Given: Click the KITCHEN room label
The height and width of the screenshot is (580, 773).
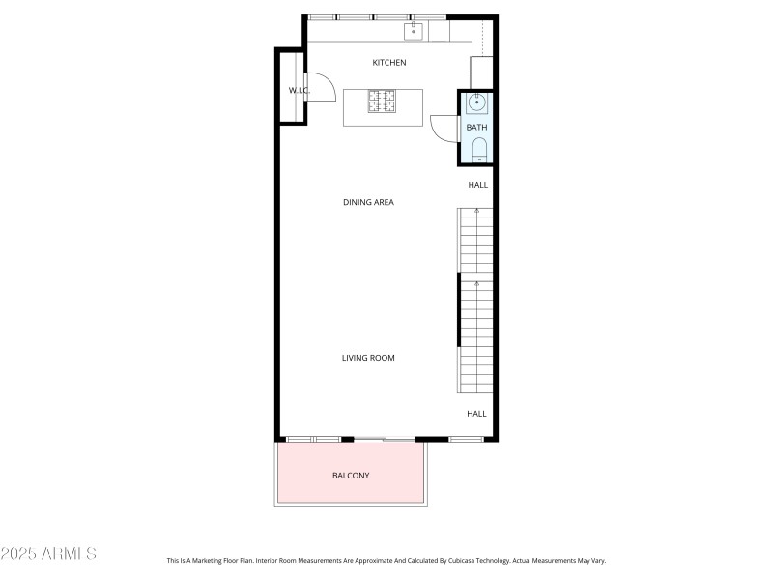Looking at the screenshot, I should pos(389,63).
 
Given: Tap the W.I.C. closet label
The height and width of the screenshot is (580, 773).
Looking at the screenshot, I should pos(298,90).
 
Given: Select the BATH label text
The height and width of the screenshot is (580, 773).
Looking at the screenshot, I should pos(477,127).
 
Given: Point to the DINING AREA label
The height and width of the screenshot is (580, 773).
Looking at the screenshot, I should pos(368,202).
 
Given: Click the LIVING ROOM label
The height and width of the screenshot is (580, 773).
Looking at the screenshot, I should pos(368,358).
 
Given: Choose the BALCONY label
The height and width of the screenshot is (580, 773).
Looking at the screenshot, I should pos(351,476).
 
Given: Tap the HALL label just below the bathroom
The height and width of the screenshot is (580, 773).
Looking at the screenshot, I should pos(478,185).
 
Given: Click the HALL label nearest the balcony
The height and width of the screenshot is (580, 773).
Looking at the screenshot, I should pos(477,414).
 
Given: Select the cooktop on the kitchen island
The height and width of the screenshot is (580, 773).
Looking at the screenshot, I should pos(382,100).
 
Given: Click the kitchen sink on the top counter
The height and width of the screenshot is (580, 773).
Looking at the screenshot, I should pos(414,32).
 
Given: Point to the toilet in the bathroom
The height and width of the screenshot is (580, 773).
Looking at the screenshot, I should pos(478,149).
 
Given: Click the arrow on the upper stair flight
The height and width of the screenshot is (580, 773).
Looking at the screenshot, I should pos(475,210).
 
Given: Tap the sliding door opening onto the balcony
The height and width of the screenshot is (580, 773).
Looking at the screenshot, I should pos(384,440).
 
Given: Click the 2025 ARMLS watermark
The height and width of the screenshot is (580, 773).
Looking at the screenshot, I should pos(48,554).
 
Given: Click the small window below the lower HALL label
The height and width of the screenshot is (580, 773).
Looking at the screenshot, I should pos(466,440).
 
